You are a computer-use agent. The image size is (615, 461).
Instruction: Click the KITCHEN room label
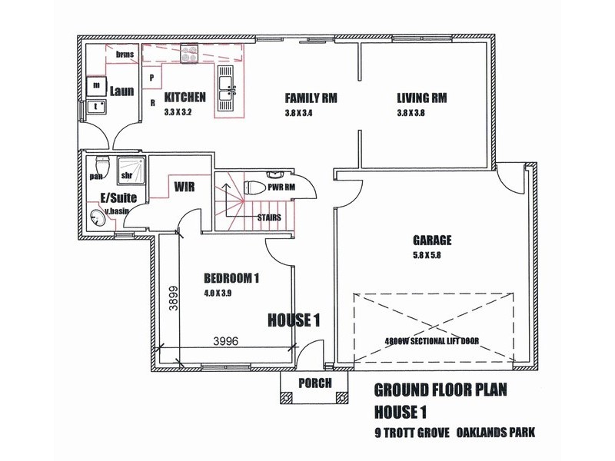tap(184, 98)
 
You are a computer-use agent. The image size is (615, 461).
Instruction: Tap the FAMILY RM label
tap(311, 98)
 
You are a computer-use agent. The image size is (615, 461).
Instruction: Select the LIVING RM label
tap(422, 98)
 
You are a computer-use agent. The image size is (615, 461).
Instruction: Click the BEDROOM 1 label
tap(231, 278)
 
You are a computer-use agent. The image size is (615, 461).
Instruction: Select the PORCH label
tap(315, 383)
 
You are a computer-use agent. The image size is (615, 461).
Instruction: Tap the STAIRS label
tap(268, 217)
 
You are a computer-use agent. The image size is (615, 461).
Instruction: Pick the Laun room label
tap(121, 91)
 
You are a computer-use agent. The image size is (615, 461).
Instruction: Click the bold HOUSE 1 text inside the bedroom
tap(293, 320)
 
